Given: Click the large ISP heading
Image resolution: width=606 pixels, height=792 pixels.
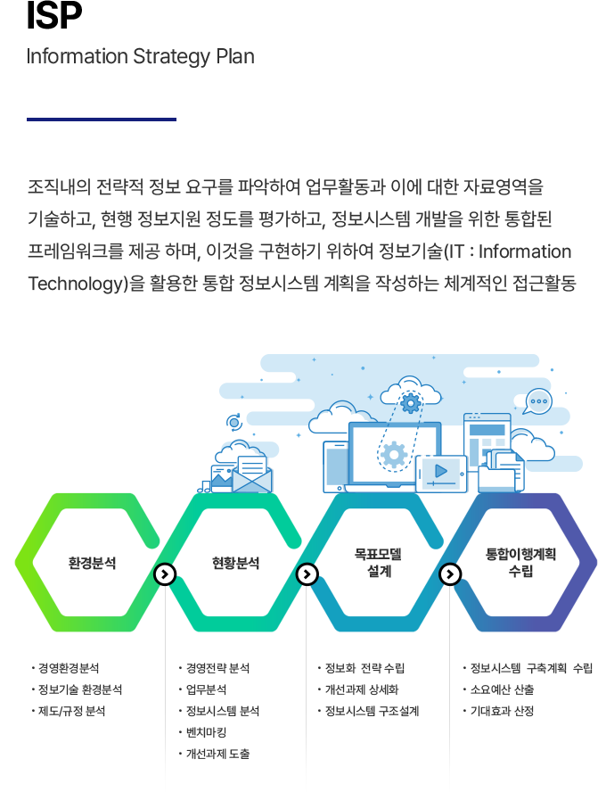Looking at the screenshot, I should pos(54,15).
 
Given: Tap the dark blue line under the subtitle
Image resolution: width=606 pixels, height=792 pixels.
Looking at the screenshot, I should pos(102,119).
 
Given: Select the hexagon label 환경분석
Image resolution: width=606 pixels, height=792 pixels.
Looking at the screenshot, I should pos(92,564).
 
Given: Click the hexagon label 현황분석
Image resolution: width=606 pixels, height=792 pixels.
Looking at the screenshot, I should pos(235,564).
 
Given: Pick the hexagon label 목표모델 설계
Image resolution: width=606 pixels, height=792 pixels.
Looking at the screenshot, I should pos(379,564).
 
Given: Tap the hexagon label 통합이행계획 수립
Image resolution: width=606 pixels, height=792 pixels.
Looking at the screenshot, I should pos(521,563).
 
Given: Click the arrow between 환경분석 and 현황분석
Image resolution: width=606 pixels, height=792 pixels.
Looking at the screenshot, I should pos(165,573).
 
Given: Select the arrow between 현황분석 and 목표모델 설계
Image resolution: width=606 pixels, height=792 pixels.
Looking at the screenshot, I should pos(307,573).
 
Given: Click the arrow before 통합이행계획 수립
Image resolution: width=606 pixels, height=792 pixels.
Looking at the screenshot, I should pos(450,573).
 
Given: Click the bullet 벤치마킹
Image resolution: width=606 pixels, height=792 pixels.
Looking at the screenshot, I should pos(207,732).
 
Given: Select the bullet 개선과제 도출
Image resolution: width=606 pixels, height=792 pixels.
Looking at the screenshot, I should pos(217,754).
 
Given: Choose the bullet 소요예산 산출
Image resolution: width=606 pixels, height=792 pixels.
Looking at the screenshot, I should pos(502,689).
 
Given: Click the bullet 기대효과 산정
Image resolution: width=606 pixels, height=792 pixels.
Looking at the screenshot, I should pos(502,711).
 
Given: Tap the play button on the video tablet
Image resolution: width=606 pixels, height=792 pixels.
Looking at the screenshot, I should pos(440,470).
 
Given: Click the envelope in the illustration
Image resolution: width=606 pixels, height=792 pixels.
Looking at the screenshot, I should pos(252,477).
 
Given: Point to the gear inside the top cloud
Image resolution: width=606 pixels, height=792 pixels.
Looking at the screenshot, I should pos(410,403).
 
